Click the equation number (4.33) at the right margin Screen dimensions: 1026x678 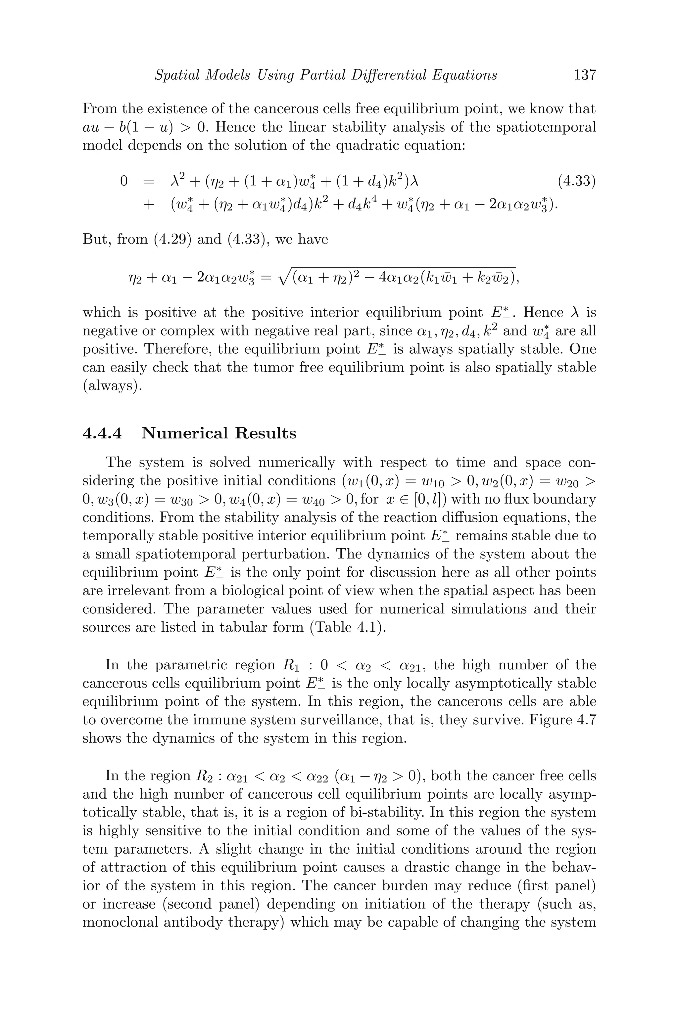point(576,181)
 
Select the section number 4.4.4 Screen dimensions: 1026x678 point(102,433)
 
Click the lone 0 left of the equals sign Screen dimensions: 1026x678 point(124,181)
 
